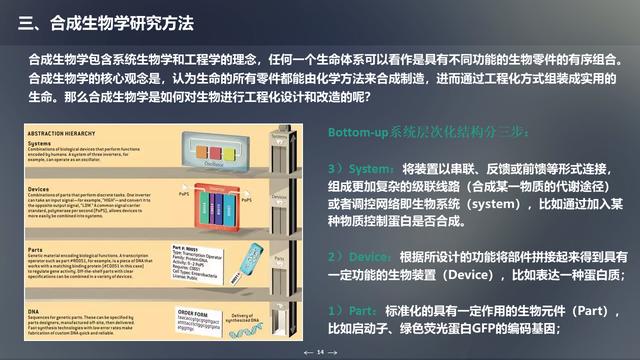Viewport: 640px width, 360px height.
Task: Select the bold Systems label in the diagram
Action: click(x=41, y=144)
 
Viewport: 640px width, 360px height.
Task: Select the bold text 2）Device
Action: click(x=361, y=256)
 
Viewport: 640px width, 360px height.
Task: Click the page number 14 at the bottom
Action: click(x=320, y=352)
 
